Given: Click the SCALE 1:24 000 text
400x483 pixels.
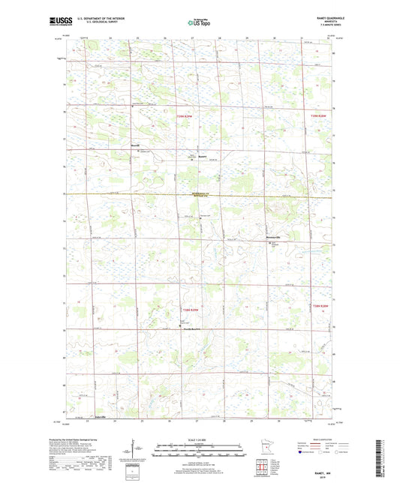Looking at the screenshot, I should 199,439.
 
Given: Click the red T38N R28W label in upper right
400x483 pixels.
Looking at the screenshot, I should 319,116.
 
